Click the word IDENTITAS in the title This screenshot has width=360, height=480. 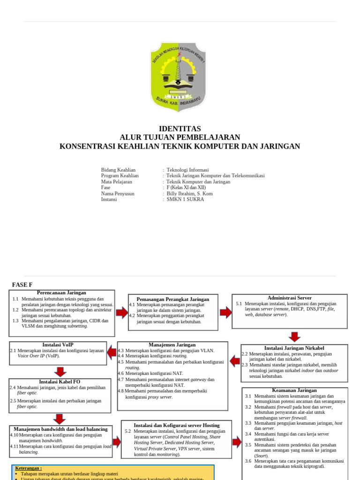point(180,129)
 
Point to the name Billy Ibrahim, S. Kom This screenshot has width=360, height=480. point(190,193)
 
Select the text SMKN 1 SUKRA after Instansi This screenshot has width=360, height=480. point(186,199)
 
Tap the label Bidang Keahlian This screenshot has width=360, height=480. point(118,170)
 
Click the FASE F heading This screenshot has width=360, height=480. point(22,285)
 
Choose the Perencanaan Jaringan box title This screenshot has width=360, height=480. point(61,293)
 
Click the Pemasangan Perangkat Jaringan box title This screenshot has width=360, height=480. point(173,299)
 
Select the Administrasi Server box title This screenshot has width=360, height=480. point(289,298)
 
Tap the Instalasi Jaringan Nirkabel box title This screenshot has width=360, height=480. point(294,348)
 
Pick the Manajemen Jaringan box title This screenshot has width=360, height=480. point(172,345)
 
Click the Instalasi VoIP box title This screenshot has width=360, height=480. point(58,345)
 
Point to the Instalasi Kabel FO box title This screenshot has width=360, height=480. point(60,382)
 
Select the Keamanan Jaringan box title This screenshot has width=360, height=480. point(294,390)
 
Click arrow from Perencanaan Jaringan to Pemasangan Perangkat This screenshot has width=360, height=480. point(122,313)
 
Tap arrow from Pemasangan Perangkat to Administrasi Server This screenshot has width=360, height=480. point(225,312)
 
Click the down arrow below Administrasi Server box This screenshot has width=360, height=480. point(294,337)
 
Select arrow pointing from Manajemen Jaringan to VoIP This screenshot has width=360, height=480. point(112,352)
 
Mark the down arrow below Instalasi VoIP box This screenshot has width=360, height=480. point(60,372)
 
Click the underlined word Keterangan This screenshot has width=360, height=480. point(28,468)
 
